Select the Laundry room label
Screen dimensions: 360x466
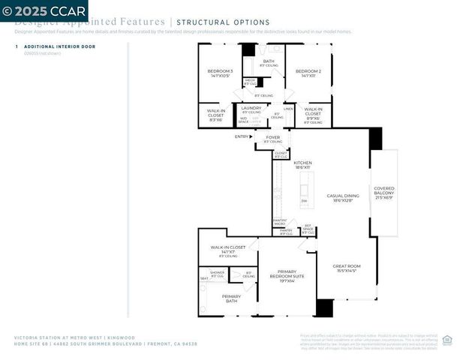point(251,109)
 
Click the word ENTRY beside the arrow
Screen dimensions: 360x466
point(242,136)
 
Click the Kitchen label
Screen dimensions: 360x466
point(302,164)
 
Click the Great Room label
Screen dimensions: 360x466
point(347,268)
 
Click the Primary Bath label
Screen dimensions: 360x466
point(231,298)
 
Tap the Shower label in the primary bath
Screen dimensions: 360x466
point(217,273)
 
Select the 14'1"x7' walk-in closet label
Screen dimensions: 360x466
point(228,249)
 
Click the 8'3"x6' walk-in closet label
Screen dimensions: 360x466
point(215,114)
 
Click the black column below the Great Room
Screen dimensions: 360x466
point(324,308)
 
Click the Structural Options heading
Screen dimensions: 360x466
point(223,22)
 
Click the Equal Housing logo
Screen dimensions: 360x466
point(447,340)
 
